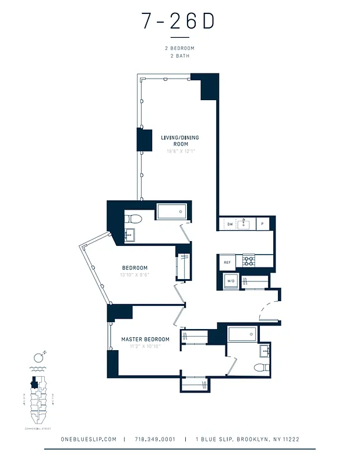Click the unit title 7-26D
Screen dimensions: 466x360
pyautogui.click(x=178, y=22)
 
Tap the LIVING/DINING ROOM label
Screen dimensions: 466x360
pyautogui.click(x=179, y=140)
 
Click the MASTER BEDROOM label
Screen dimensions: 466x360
pyautogui.click(x=145, y=339)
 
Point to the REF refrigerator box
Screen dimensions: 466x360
pyautogui.click(x=227, y=263)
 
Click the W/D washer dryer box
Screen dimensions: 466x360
pyautogui.click(x=231, y=282)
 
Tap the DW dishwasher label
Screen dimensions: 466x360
pyautogui.click(x=230, y=224)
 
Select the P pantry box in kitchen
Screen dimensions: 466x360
pyautogui.click(x=262, y=224)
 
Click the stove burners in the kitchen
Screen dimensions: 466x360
pyautogui.click(x=249, y=261)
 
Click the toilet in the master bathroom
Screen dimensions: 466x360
pyautogui.click(x=262, y=368)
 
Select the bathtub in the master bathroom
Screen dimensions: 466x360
pyautogui.click(x=242, y=334)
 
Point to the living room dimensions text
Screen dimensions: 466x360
pyautogui.click(x=179, y=151)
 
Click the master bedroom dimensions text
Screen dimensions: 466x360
pyautogui.click(x=145, y=346)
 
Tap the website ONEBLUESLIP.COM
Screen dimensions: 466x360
pyautogui.click(x=89, y=439)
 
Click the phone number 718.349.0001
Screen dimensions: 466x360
pyautogui.click(x=154, y=439)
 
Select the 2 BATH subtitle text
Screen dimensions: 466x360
pyautogui.click(x=179, y=56)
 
